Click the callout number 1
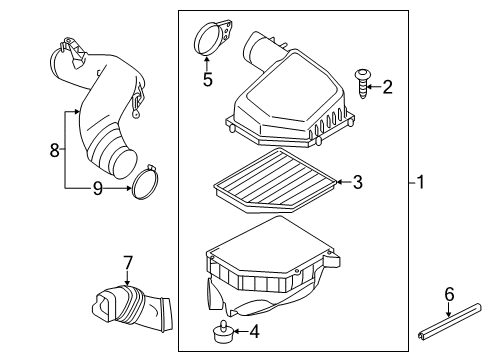[421, 182]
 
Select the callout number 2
[387, 88]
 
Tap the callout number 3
[357, 182]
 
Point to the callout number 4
[255, 332]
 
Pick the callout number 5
[207, 78]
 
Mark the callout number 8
[55, 150]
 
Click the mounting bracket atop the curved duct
[71, 45]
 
